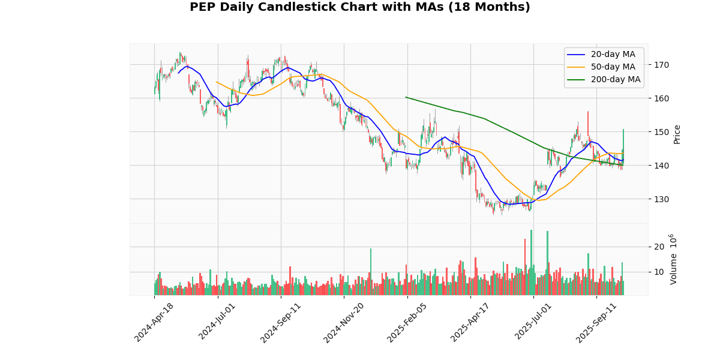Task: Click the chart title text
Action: pos(360,7)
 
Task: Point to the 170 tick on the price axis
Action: pos(661,65)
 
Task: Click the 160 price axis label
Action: pos(661,98)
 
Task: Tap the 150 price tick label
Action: pos(661,132)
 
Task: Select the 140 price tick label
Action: pos(661,166)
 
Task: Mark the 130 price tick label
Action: pos(661,199)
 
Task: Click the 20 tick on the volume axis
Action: pos(659,247)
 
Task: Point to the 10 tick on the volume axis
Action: pos(659,272)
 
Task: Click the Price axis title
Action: pos(677,134)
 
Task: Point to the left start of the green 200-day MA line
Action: pos(406,97)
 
